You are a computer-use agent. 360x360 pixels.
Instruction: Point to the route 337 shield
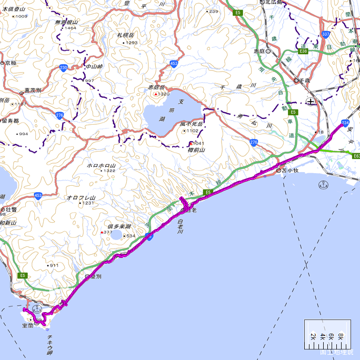[x=326, y=35]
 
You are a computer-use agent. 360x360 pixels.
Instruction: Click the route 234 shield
[x=345, y=123]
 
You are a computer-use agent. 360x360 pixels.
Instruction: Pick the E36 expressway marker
[x=302, y=51]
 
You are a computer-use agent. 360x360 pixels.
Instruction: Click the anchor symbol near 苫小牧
[x=324, y=184]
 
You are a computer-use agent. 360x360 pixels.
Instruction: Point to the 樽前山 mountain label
[x=196, y=149]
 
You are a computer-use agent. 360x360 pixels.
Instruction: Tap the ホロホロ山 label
[x=101, y=165]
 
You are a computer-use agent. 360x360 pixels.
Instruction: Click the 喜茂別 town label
[x=33, y=90]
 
